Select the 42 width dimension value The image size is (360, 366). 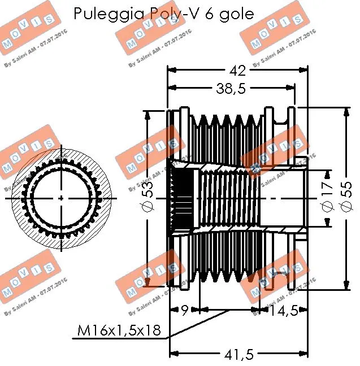(237, 71)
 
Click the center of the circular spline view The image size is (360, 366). (61, 199)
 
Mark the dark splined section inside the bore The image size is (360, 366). (183, 199)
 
